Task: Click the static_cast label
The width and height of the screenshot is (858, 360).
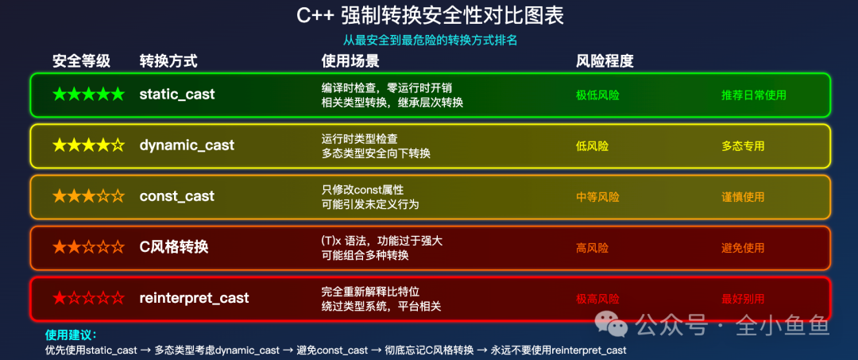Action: (176, 95)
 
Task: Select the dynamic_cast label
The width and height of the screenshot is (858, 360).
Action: (187, 145)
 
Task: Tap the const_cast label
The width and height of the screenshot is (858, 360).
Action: (176, 196)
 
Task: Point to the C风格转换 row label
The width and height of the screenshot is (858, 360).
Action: (173, 247)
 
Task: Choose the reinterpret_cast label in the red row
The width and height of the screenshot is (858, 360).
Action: (194, 298)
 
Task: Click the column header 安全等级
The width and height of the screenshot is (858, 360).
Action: (81, 61)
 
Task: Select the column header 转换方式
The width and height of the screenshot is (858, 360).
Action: (168, 61)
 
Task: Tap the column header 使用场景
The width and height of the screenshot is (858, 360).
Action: (350, 61)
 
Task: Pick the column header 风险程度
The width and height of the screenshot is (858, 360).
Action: (605, 61)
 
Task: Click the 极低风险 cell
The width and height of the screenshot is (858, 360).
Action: (597, 95)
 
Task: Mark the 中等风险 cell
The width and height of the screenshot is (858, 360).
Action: (597, 197)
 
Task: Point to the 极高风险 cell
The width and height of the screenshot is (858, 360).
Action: (597, 299)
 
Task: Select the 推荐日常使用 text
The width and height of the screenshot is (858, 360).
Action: (753, 95)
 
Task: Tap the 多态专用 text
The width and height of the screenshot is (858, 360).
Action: (743, 146)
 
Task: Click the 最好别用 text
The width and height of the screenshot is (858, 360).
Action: (743, 299)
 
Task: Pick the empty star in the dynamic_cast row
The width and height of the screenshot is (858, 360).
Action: (118, 145)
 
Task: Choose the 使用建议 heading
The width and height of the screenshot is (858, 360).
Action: (71, 335)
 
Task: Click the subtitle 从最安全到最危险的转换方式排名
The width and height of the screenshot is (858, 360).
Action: (430, 40)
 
